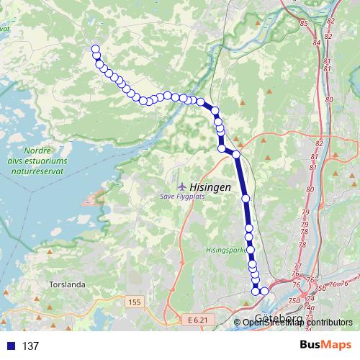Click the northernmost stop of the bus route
tap(94, 49)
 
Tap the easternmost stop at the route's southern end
tap(264, 291)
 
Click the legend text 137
tap(30, 346)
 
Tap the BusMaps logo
tap(325, 346)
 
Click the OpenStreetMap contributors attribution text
tap(297, 322)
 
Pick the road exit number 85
tap(303, 24)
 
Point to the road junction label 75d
tap(293, 300)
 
